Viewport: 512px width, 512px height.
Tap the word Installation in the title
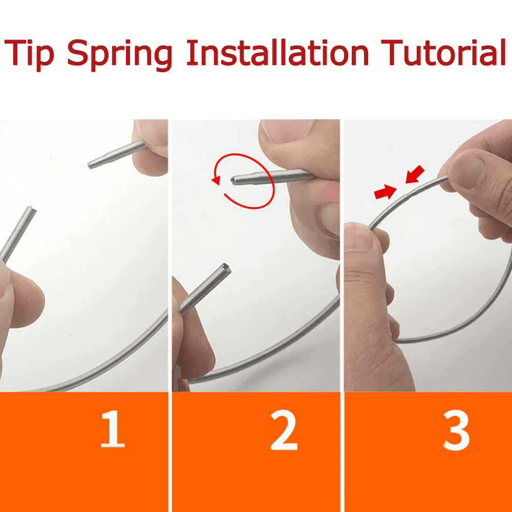278,52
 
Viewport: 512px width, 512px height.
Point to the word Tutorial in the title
443,52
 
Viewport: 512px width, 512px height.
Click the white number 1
112,429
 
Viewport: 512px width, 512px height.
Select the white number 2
284,430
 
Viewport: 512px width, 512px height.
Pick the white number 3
456,431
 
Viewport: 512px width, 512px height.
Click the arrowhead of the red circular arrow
216,180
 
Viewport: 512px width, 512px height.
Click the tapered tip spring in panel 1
116,154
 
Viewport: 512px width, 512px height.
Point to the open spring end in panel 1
31,210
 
